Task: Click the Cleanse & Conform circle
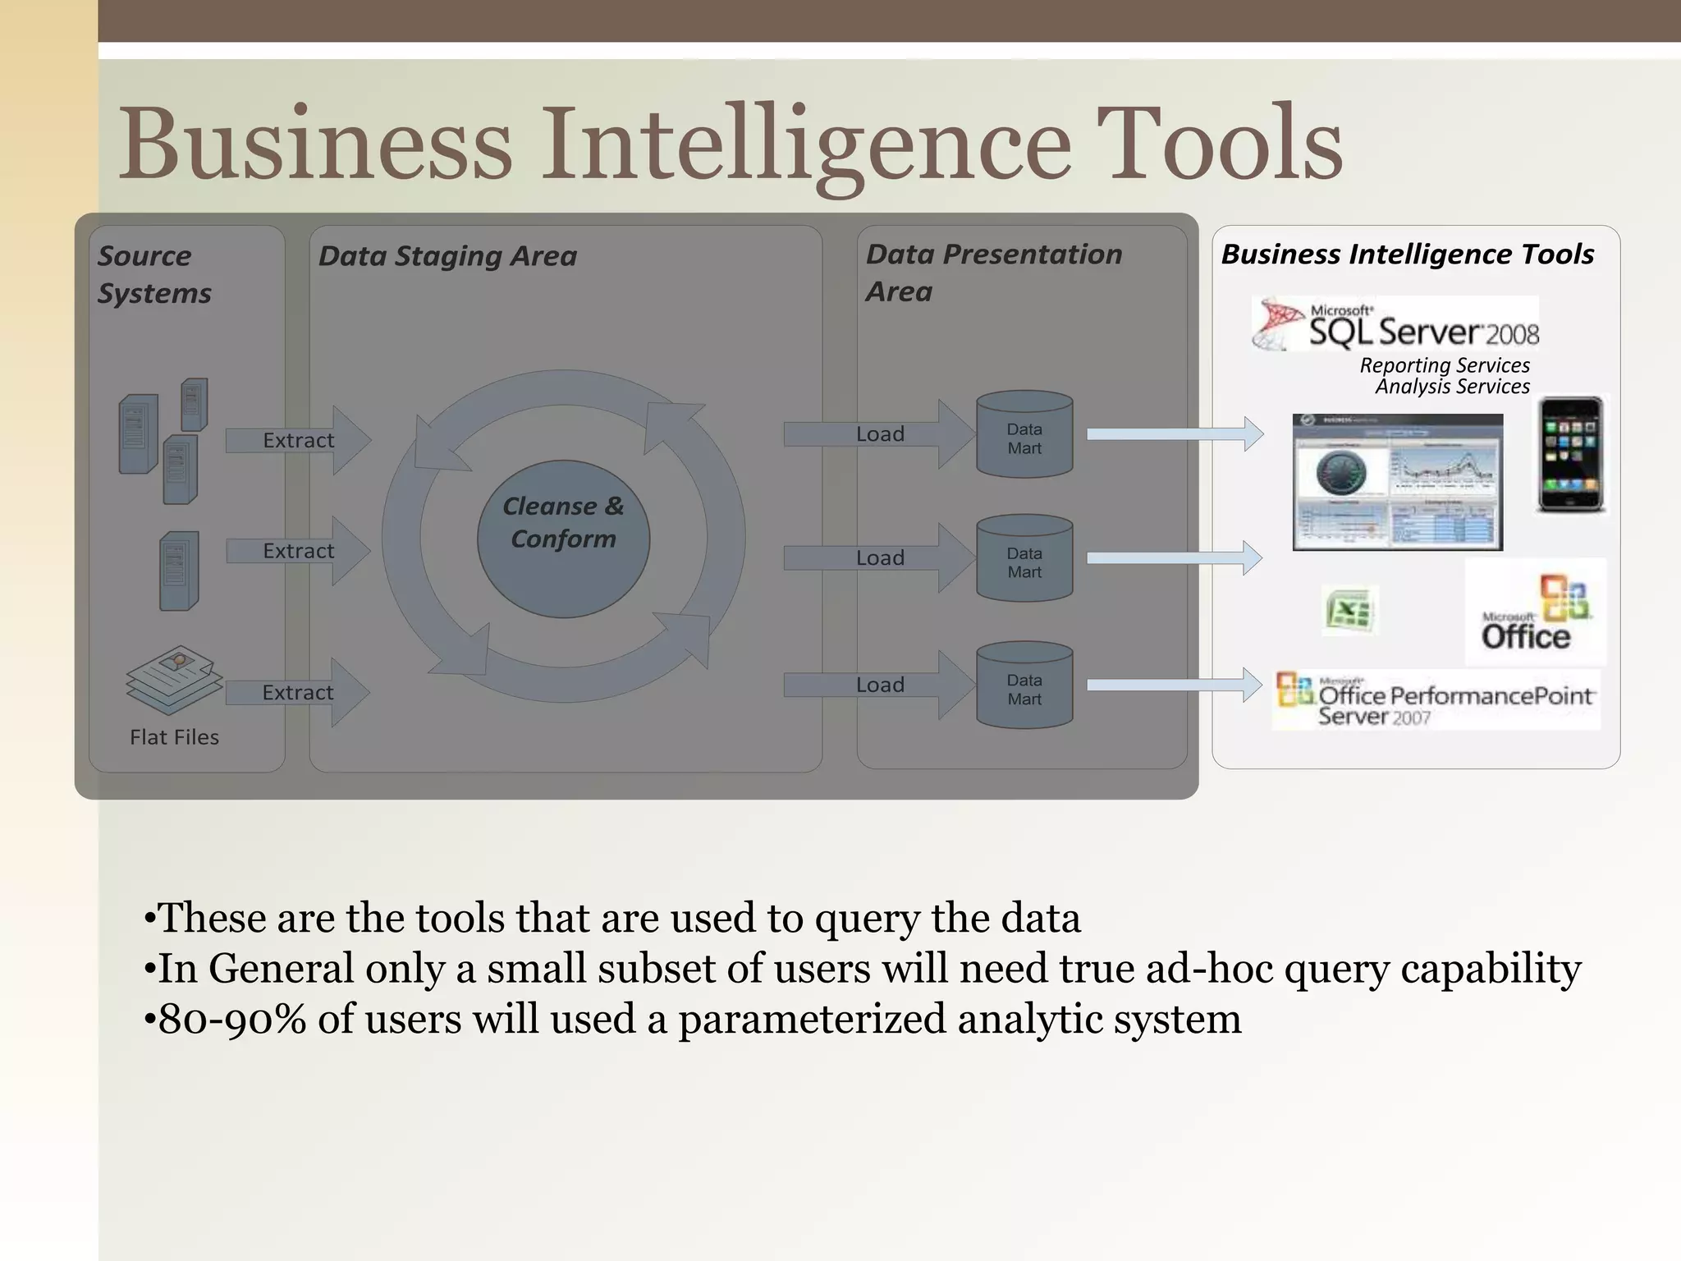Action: tap(563, 539)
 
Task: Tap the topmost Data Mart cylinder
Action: tap(1024, 435)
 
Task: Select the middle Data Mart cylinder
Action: tap(1024, 559)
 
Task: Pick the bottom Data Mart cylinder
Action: tap(1024, 686)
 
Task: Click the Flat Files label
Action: tap(174, 737)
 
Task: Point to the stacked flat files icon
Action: tap(174, 678)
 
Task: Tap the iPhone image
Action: tap(1569, 455)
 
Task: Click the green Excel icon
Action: tap(1349, 610)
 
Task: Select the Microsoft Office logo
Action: tap(1535, 612)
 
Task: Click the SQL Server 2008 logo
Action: tap(1395, 325)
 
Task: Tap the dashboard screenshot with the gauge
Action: tap(1397, 482)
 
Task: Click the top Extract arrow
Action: tap(298, 440)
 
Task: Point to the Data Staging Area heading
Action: tap(447, 256)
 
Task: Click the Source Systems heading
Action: tap(153, 274)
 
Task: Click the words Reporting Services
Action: tap(1445, 365)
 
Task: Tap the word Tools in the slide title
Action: tap(1220, 144)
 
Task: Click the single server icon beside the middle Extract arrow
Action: tap(179, 571)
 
